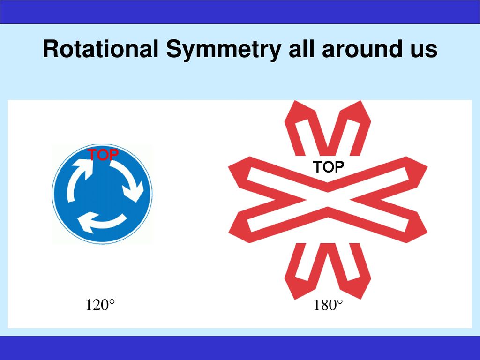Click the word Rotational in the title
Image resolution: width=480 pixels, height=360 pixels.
pos(101,49)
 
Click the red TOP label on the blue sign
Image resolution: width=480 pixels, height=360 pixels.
pos(103,155)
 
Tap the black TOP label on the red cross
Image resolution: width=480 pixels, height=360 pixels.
pos(328,167)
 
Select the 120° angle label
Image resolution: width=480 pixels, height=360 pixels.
pos(100,305)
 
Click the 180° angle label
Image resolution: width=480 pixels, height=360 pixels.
pos(328,305)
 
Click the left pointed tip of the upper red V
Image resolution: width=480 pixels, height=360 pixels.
pos(295,101)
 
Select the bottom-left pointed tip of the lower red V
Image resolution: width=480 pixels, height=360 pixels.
pos(295,299)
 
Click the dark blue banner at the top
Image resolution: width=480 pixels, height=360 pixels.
pos(240,12)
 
